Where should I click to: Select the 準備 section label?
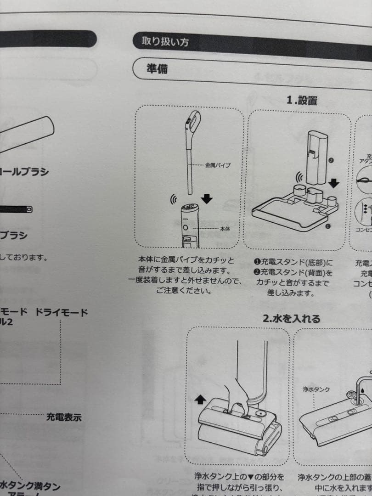pos(157,69)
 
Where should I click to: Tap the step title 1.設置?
pos(302,100)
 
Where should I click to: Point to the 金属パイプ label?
pos(218,164)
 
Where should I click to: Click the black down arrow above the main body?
pos(207,198)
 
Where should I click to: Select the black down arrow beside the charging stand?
pos(334,182)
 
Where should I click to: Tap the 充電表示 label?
pos(64,417)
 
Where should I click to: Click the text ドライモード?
pos(62,313)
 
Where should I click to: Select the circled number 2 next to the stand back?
pos(330,161)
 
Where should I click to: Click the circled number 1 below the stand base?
pos(327,226)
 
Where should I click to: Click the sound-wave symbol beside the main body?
pos(174,200)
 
